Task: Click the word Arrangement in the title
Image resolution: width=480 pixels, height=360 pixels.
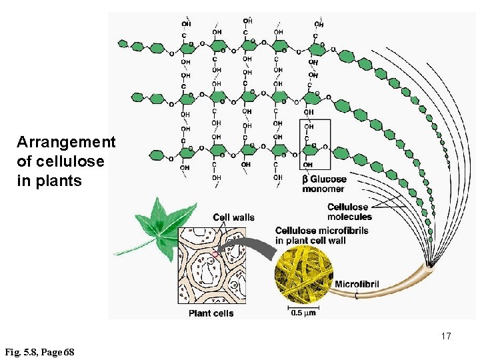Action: pyautogui.click(x=66, y=142)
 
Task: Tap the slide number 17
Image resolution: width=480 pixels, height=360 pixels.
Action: pyautogui.click(x=445, y=336)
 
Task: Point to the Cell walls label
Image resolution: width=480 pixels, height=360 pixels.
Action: pyautogui.click(x=233, y=217)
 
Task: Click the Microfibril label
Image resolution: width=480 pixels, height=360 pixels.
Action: pyautogui.click(x=357, y=284)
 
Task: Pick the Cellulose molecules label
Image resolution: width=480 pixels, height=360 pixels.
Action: pyautogui.click(x=349, y=211)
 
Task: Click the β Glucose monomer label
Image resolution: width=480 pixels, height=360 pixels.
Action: pyautogui.click(x=325, y=183)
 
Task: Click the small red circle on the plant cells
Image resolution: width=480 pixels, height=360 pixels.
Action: pyautogui.click(x=215, y=254)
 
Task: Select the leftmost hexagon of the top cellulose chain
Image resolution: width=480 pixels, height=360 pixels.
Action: pyautogui.click(x=123, y=44)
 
